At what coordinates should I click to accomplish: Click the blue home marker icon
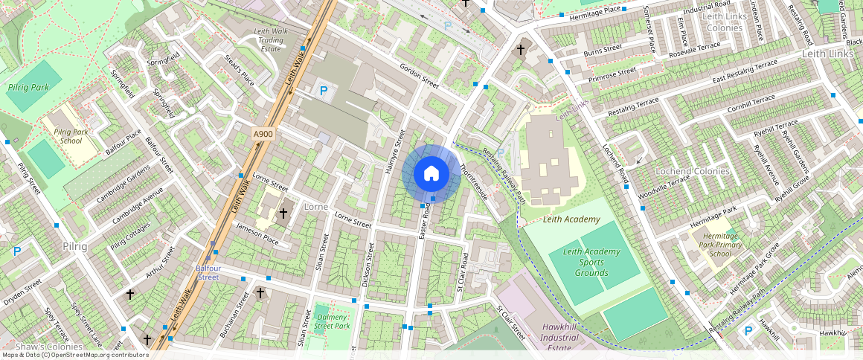[x=431, y=174]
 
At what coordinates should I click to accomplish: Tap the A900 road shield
[x=263, y=134]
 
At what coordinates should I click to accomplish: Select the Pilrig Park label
[x=28, y=87]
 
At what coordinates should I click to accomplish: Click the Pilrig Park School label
[x=71, y=136]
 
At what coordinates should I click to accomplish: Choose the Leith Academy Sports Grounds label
[x=591, y=262]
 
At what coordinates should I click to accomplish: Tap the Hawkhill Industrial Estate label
[x=560, y=338]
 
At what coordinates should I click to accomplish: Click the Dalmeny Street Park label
[x=332, y=321]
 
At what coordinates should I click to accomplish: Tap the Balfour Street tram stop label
[x=208, y=272]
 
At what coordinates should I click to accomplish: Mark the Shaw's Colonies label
[x=40, y=347]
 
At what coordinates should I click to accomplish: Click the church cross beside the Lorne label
[x=283, y=213]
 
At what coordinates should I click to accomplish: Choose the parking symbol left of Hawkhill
[x=748, y=331]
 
